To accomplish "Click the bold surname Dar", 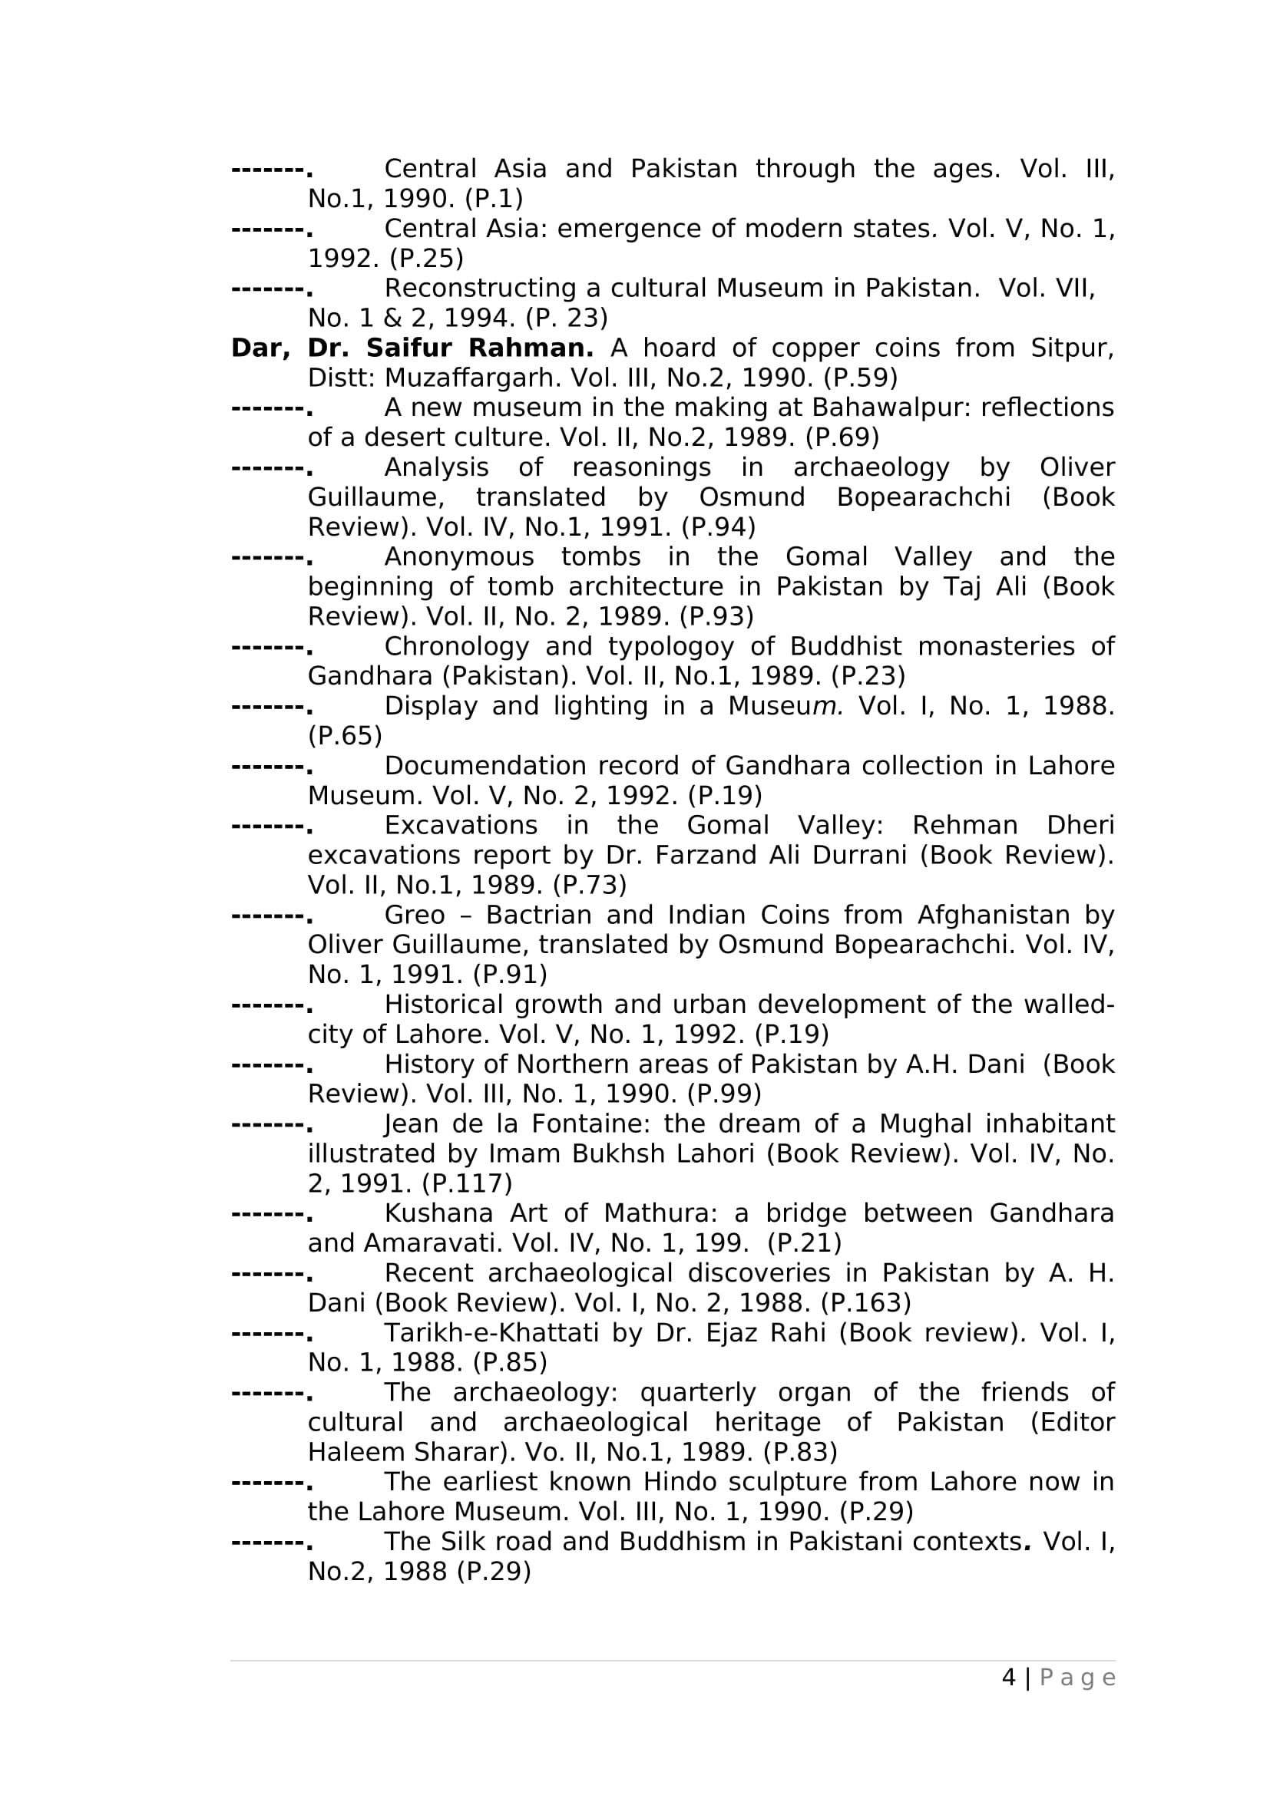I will (260, 348).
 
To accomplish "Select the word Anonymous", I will (459, 556).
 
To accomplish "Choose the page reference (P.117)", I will (467, 1183).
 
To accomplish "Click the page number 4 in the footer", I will (1009, 1678).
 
